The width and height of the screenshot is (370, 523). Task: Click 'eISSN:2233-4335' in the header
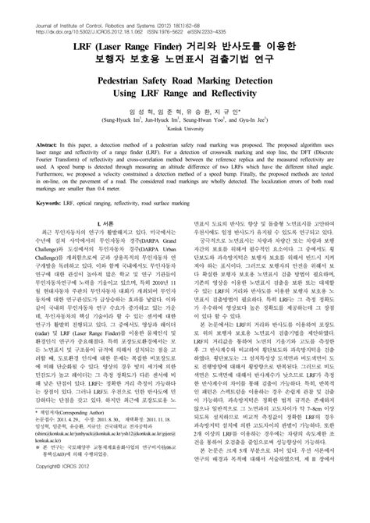(x=226, y=12)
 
